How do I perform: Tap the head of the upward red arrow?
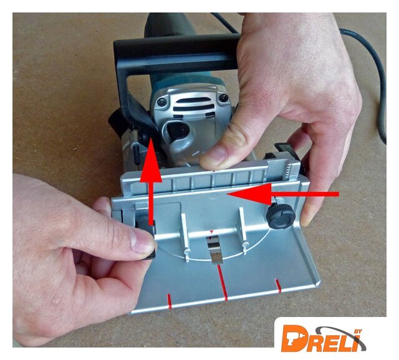tap(151, 160)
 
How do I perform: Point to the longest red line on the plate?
tap(222, 282)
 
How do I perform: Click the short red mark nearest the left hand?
tap(169, 301)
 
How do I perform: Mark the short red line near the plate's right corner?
tap(278, 285)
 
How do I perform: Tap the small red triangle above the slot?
tap(211, 232)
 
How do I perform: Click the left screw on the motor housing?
tap(162, 102)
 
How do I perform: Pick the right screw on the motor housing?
tap(223, 98)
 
